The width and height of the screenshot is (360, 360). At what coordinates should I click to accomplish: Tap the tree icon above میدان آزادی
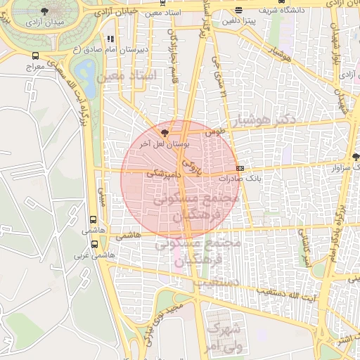click(45, 12)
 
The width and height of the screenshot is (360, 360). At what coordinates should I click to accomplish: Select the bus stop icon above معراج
click(35, 56)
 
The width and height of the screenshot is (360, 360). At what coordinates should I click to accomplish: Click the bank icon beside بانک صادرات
click(240, 169)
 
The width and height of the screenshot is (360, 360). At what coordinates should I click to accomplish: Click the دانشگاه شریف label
click(262, 11)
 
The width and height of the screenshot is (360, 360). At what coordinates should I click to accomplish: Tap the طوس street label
click(213, 131)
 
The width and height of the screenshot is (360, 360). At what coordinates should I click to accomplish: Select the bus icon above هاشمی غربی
click(95, 244)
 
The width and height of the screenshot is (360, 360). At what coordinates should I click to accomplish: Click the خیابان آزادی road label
click(112, 12)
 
